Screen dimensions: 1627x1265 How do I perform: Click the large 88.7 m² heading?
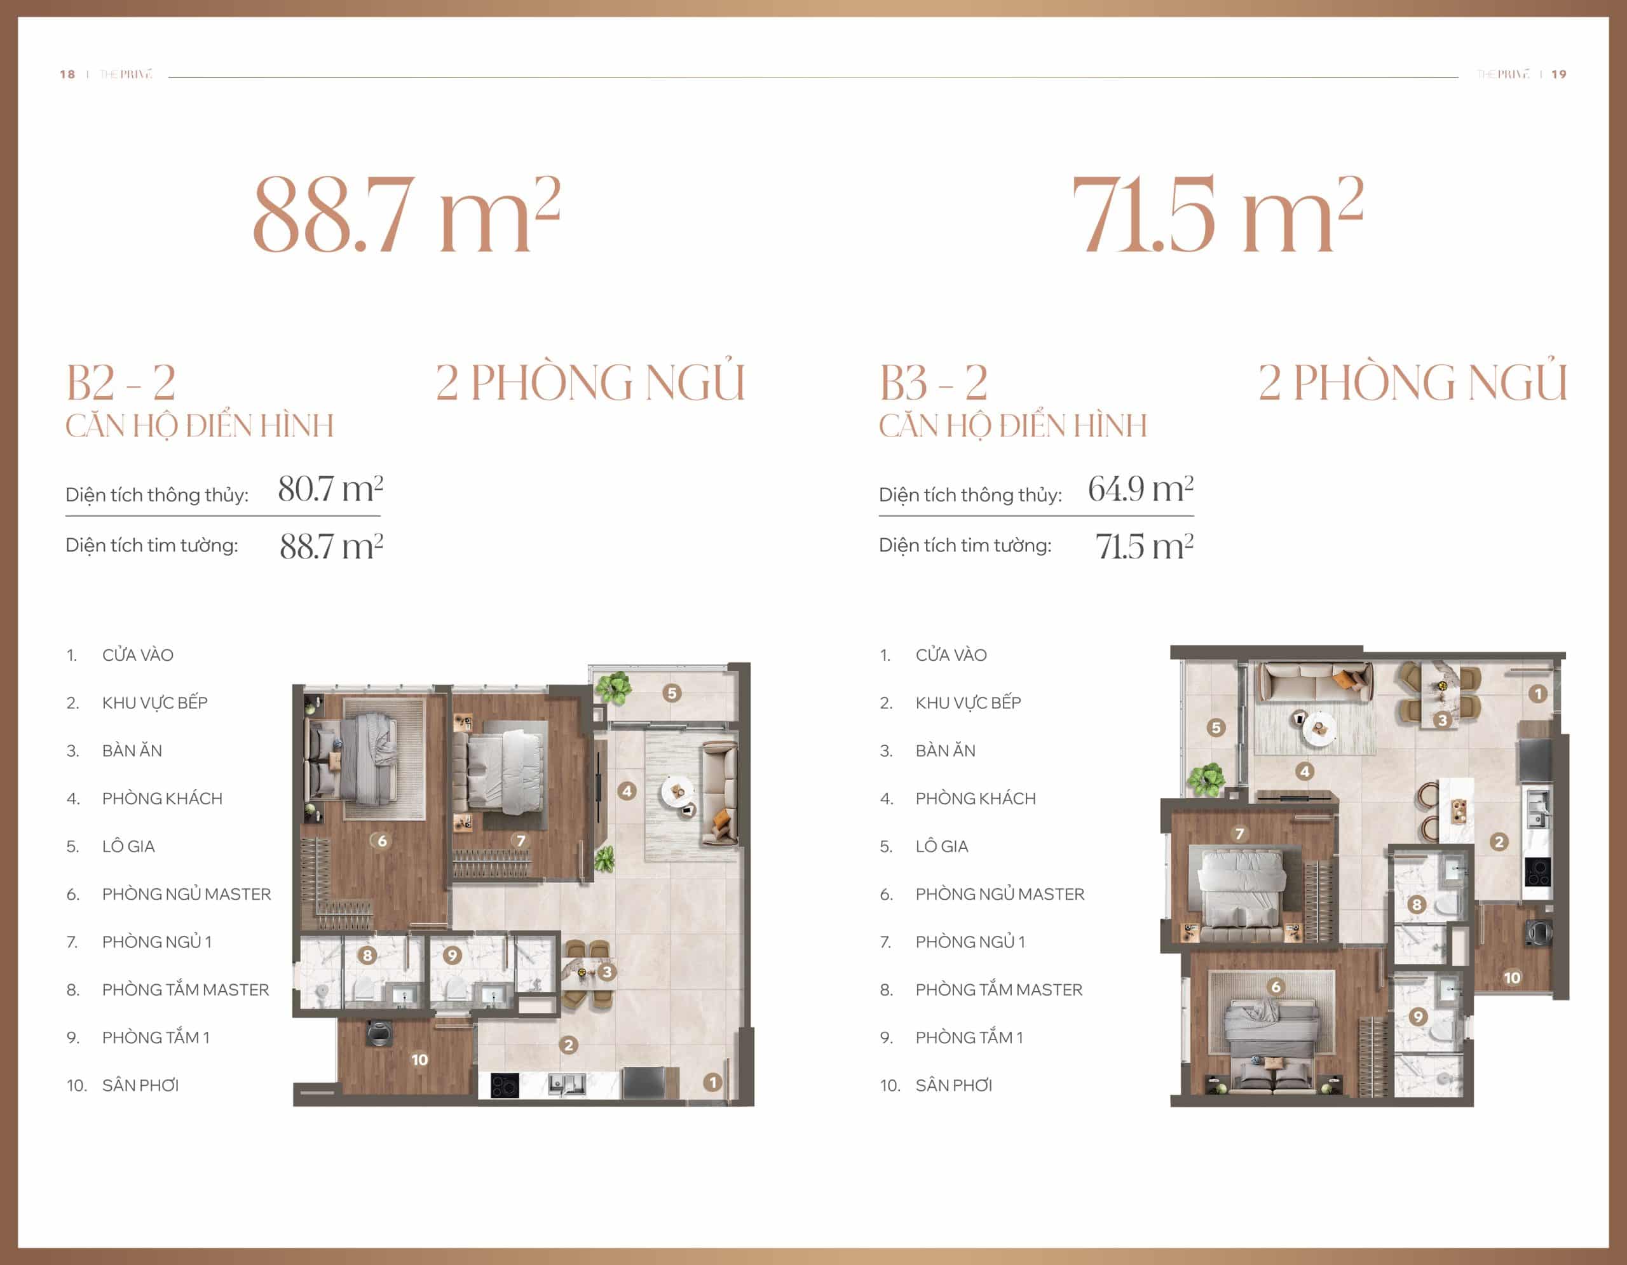[x=407, y=214]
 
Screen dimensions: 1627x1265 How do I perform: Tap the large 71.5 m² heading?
[x=1217, y=214]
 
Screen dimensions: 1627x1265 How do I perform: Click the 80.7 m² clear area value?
[x=330, y=489]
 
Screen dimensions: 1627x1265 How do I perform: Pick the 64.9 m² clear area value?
[x=1141, y=489]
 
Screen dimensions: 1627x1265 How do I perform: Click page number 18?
[x=67, y=74]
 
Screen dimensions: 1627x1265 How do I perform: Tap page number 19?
[x=1559, y=74]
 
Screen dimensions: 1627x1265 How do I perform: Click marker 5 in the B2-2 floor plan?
[x=672, y=693]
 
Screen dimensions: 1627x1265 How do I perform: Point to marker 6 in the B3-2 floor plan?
[x=1276, y=987]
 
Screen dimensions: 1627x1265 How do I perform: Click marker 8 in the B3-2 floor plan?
[x=1417, y=905]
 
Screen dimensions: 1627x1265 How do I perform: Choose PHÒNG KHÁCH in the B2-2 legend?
[x=163, y=798]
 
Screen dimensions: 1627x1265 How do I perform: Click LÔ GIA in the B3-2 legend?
[x=942, y=846]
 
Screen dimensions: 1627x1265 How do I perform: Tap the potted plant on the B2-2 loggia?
[x=614, y=687]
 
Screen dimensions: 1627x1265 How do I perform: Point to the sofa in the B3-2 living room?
[x=1315, y=681]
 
